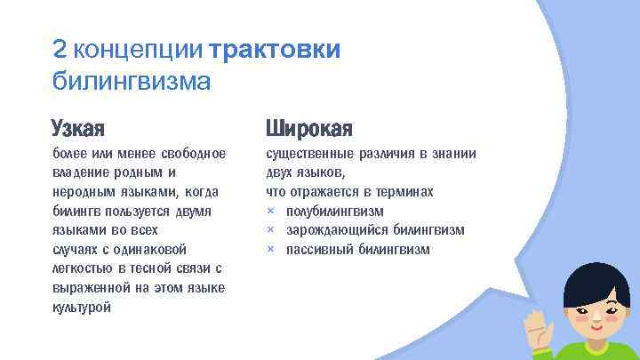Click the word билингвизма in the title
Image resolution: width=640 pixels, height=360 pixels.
click(x=131, y=83)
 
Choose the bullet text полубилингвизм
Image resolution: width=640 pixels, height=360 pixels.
click(x=334, y=211)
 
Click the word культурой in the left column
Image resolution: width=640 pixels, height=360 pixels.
click(x=82, y=308)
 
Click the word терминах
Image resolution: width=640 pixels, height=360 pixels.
click(x=402, y=192)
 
